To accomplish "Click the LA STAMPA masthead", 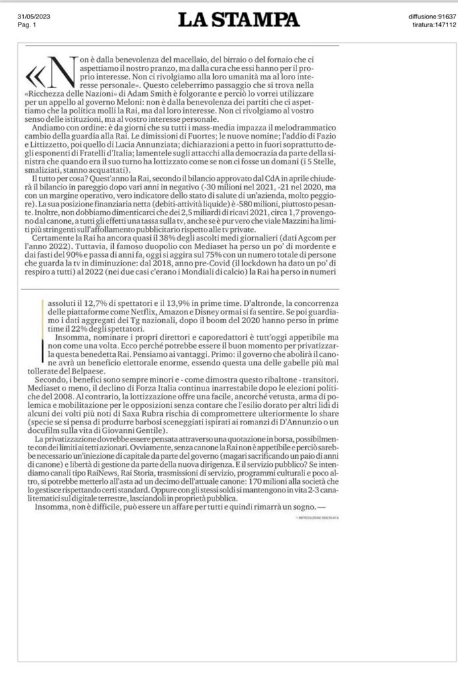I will click(238, 18).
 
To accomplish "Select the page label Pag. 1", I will click(26, 24).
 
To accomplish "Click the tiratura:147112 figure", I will click(434, 24).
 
